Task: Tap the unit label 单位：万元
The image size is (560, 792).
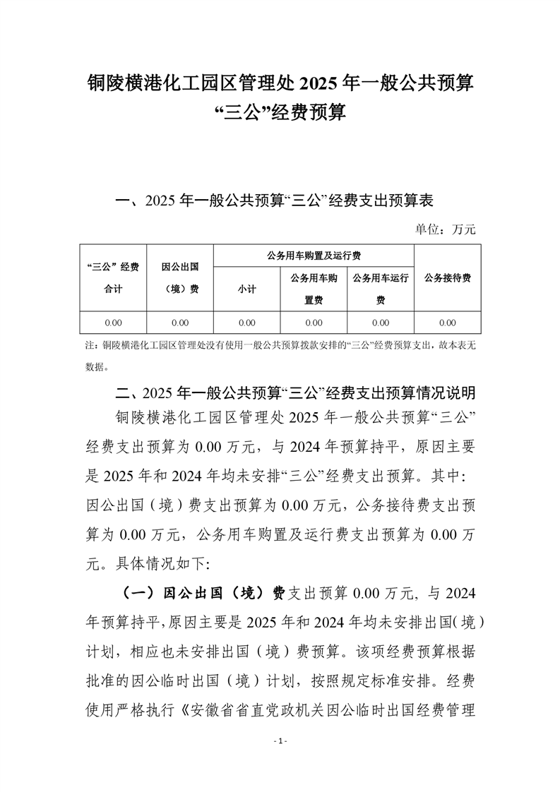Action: pyautogui.click(x=445, y=229)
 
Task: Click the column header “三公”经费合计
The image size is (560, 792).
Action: pyautogui.click(x=113, y=277)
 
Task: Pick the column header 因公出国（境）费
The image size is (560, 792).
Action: pyautogui.click(x=179, y=277)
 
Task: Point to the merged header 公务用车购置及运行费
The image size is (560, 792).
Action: pyautogui.click(x=313, y=255)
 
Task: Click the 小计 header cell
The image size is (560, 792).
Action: pyautogui.click(x=246, y=289)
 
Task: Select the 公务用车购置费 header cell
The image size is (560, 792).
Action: pyautogui.click(x=314, y=289)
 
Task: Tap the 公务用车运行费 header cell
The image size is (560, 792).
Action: pyautogui.click(x=380, y=289)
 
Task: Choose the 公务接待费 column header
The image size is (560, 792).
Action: pyautogui.click(x=447, y=277)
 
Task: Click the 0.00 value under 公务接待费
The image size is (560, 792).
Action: pyautogui.click(x=447, y=323)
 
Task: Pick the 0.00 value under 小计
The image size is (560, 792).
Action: pyautogui.click(x=246, y=323)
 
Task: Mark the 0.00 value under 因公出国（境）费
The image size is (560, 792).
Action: pyautogui.click(x=179, y=323)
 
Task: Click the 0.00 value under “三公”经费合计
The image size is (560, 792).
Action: pyautogui.click(x=113, y=323)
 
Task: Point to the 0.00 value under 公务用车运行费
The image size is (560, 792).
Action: pyautogui.click(x=380, y=323)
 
